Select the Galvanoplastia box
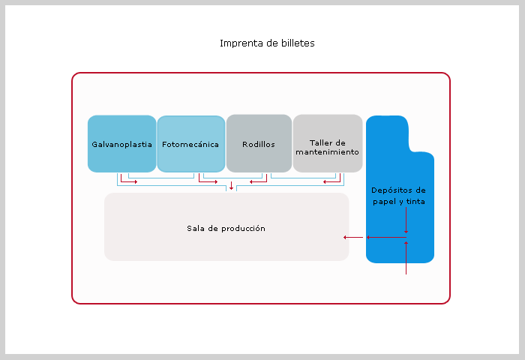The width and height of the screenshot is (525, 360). tap(121, 143)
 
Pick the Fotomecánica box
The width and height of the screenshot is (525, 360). tap(190, 143)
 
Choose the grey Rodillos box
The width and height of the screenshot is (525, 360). tap(259, 143)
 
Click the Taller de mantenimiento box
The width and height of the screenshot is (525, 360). tap(328, 143)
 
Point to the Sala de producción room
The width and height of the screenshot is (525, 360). tap(226, 228)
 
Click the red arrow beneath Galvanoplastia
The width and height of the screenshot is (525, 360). tap(129, 181)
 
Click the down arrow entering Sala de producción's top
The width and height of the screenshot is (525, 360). tap(232, 185)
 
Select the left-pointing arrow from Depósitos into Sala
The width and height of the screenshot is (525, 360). tap(350, 237)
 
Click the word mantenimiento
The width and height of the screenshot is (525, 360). tap(327, 151)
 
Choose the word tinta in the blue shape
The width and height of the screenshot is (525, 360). tap(415, 201)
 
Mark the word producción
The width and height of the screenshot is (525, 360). tap(244, 228)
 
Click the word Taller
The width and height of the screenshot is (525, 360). tap(319, 142)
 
